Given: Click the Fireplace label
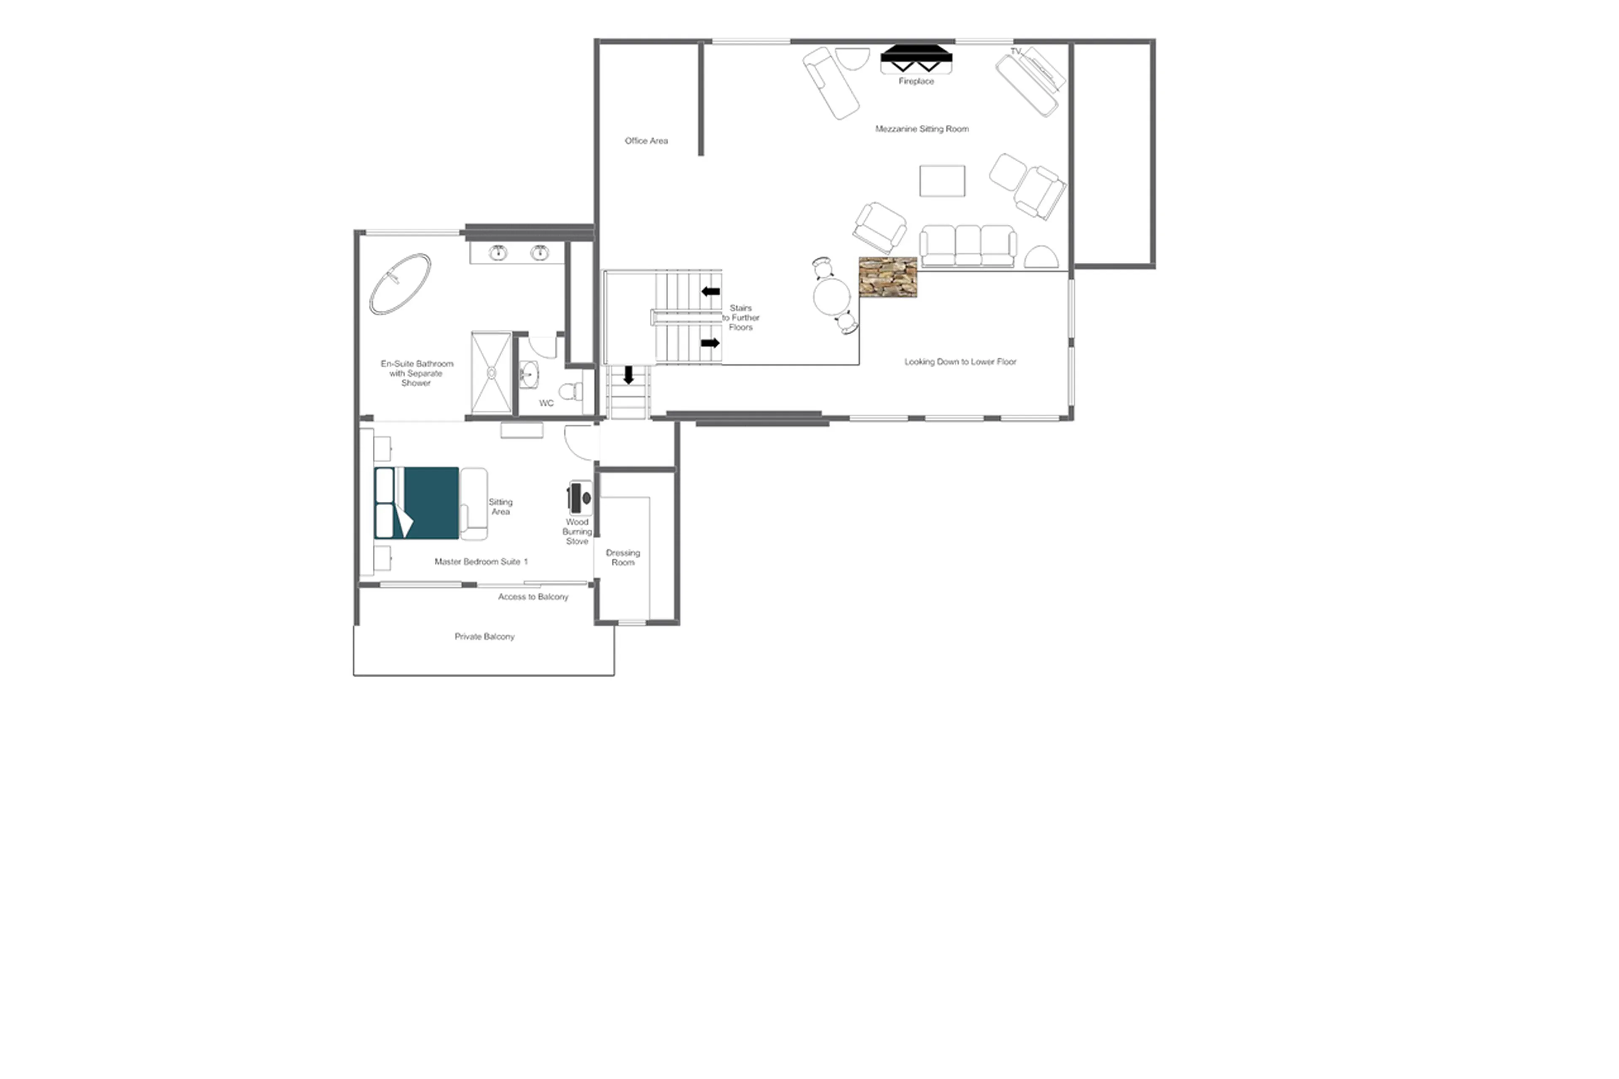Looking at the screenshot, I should pos(915,81).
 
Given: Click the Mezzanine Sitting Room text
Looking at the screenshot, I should pos(921,129).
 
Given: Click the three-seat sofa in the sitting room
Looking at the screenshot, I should pos(968,246).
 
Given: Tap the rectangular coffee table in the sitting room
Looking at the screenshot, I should pos(942,181).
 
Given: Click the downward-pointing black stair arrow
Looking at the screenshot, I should pos(627,375).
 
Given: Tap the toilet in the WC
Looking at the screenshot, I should pos(570,392).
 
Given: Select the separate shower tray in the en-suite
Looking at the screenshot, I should pos(491,372).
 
